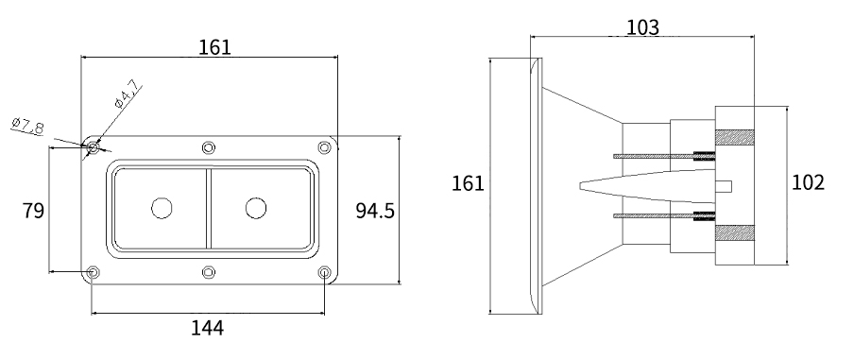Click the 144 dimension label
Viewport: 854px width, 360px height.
coord(207,328)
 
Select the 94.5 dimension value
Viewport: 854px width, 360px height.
coord(375,210)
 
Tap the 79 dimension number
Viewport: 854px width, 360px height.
coord(33,210)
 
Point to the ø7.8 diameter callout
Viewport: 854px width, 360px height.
coord(27,126)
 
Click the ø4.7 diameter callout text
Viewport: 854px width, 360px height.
coord(128,94)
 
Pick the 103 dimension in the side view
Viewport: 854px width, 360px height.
coord(642,27)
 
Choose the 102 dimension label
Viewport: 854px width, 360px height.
coord(808,182)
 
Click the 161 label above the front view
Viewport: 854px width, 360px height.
coord(214,47)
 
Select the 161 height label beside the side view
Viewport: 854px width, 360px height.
coord(468,183)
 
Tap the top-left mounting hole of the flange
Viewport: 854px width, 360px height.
coord(94,147)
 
